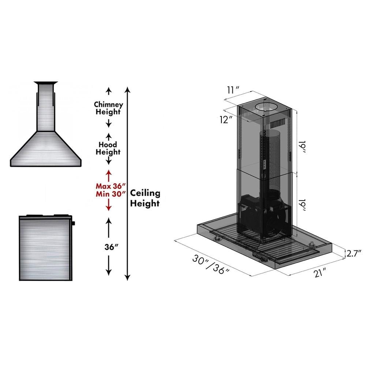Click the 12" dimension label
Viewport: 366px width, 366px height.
pyautogui.click(x=227, y=119)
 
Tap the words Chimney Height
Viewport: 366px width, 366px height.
pyautogui.click(x=108, y=108)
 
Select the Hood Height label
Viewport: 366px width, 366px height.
pyautogui.click(x=108, y=148)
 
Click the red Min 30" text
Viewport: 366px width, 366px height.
pyautogui.click(x=108, y=194)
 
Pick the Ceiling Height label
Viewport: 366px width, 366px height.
pyautogui.click(x=145, y=198)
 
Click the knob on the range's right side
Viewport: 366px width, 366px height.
pyautogui.click(x=73, y=223)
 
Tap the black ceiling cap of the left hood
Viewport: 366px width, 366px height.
pyautogui.click(x=46, y=82)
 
